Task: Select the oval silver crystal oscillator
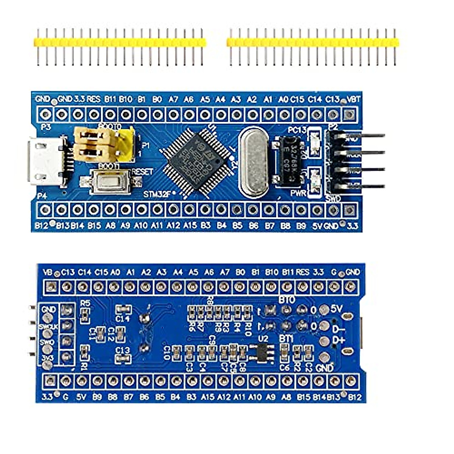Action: click(x=254, y=162)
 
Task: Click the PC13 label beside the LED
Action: click(x=297, y=130)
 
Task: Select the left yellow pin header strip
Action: click(x=120, y=42)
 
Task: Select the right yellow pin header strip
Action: click(x=313, y=42)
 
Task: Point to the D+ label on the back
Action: click(x=339, y=340)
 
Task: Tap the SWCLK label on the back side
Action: click(x=48, y=326)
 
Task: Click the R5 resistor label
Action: click(x=86, y=303)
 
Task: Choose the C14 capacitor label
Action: click(x=123, y=319)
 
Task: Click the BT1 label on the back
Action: click(x=286, y=338)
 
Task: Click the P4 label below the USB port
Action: click(x=42, y=196)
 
